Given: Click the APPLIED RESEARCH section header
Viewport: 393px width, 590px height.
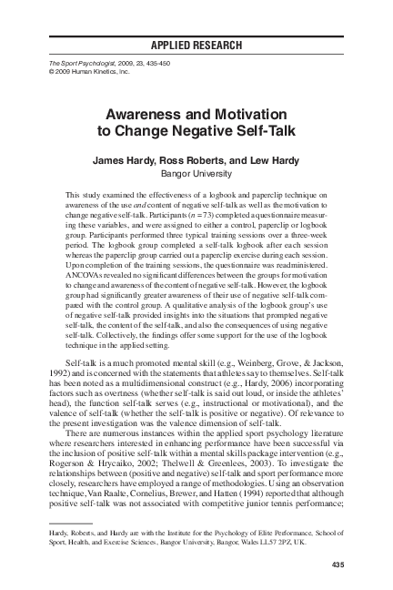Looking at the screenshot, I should [196, 43].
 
